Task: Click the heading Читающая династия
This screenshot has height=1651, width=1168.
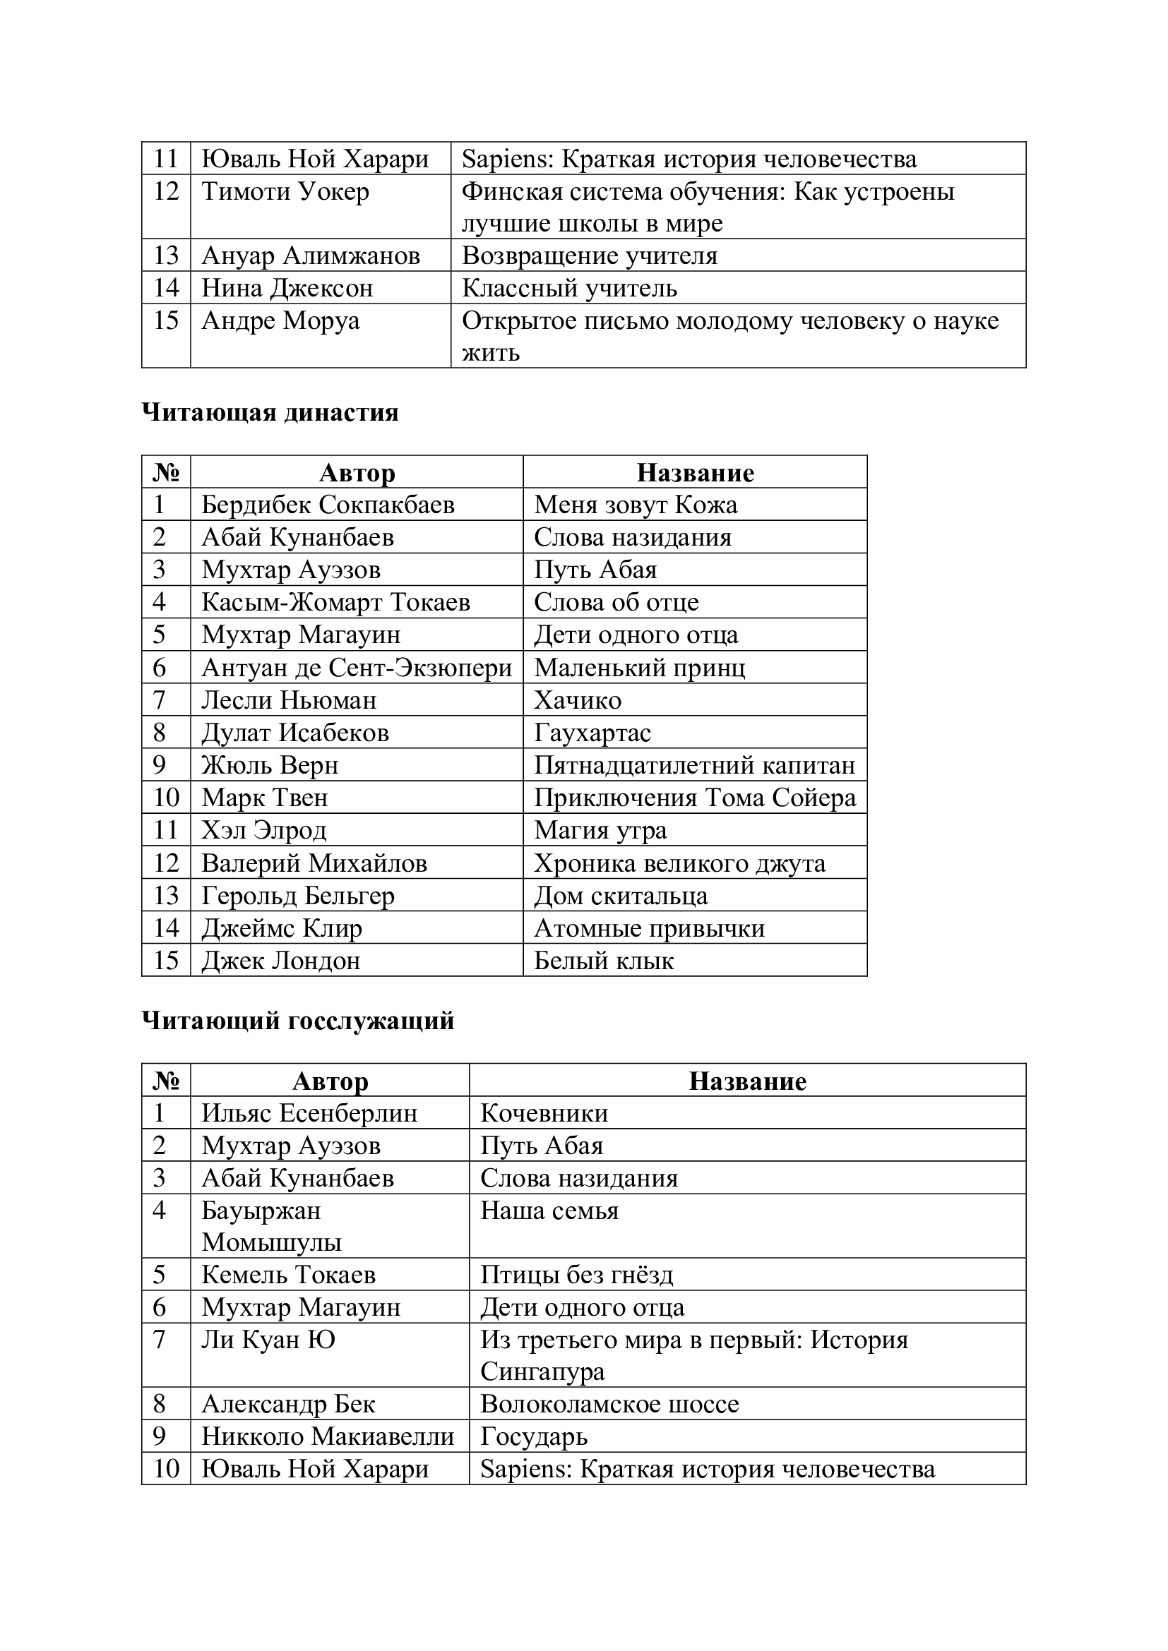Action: [x=270, y=413]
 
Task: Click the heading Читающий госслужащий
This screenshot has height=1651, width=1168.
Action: [x=298, y=1021]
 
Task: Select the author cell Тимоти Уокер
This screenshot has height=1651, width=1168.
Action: [x=285, y=191]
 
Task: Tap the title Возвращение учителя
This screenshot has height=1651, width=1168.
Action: [x=590, y=256]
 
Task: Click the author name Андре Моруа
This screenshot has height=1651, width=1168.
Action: [x=280, y=320]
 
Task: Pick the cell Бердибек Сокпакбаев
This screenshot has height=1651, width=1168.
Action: [x=328, y=504]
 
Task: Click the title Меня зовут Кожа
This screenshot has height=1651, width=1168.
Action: [x=636, y=504]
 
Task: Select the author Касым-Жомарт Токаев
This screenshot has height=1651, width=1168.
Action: [x=336, y=602]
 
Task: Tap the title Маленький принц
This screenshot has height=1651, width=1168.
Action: [x=639, y=667]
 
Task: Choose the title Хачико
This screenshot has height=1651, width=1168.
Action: [x=578, y=700]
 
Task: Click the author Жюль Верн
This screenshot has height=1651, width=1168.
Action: [x=270, y=764]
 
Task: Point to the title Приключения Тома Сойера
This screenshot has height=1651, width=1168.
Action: [x=695, y=798]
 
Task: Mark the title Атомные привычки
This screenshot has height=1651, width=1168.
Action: [x=650, y=927]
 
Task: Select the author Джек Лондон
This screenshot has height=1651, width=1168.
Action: [x=280, y=960]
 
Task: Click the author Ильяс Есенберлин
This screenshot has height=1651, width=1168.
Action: [x=309, y=1112]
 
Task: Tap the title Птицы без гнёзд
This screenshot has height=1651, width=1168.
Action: [x=577, y=1274]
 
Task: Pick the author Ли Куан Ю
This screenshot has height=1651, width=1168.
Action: [x=268, y=1339]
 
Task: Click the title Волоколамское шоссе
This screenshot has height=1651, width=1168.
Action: [x=610, y=1404]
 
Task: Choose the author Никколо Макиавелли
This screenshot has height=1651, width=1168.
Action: [x=328, y=1436]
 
